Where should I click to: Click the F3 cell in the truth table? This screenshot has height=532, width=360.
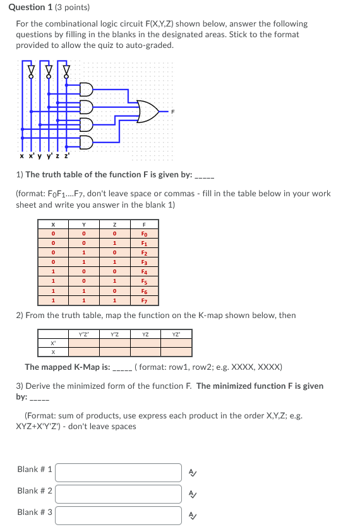click(x=145, y=261)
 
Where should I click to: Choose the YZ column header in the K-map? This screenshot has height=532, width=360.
click(x=146, y=334)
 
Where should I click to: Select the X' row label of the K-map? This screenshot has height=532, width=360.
click(x=53, y=343)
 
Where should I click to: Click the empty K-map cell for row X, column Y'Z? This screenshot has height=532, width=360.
click(x=114, y=352)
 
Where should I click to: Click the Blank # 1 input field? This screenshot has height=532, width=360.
click(x=118, y=471)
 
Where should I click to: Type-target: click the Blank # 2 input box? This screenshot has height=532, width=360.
click(x=118, y=493)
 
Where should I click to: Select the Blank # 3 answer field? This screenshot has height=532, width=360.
click(x=118, y=514)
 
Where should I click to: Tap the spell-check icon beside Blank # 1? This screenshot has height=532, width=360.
click(x=193, y=471)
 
